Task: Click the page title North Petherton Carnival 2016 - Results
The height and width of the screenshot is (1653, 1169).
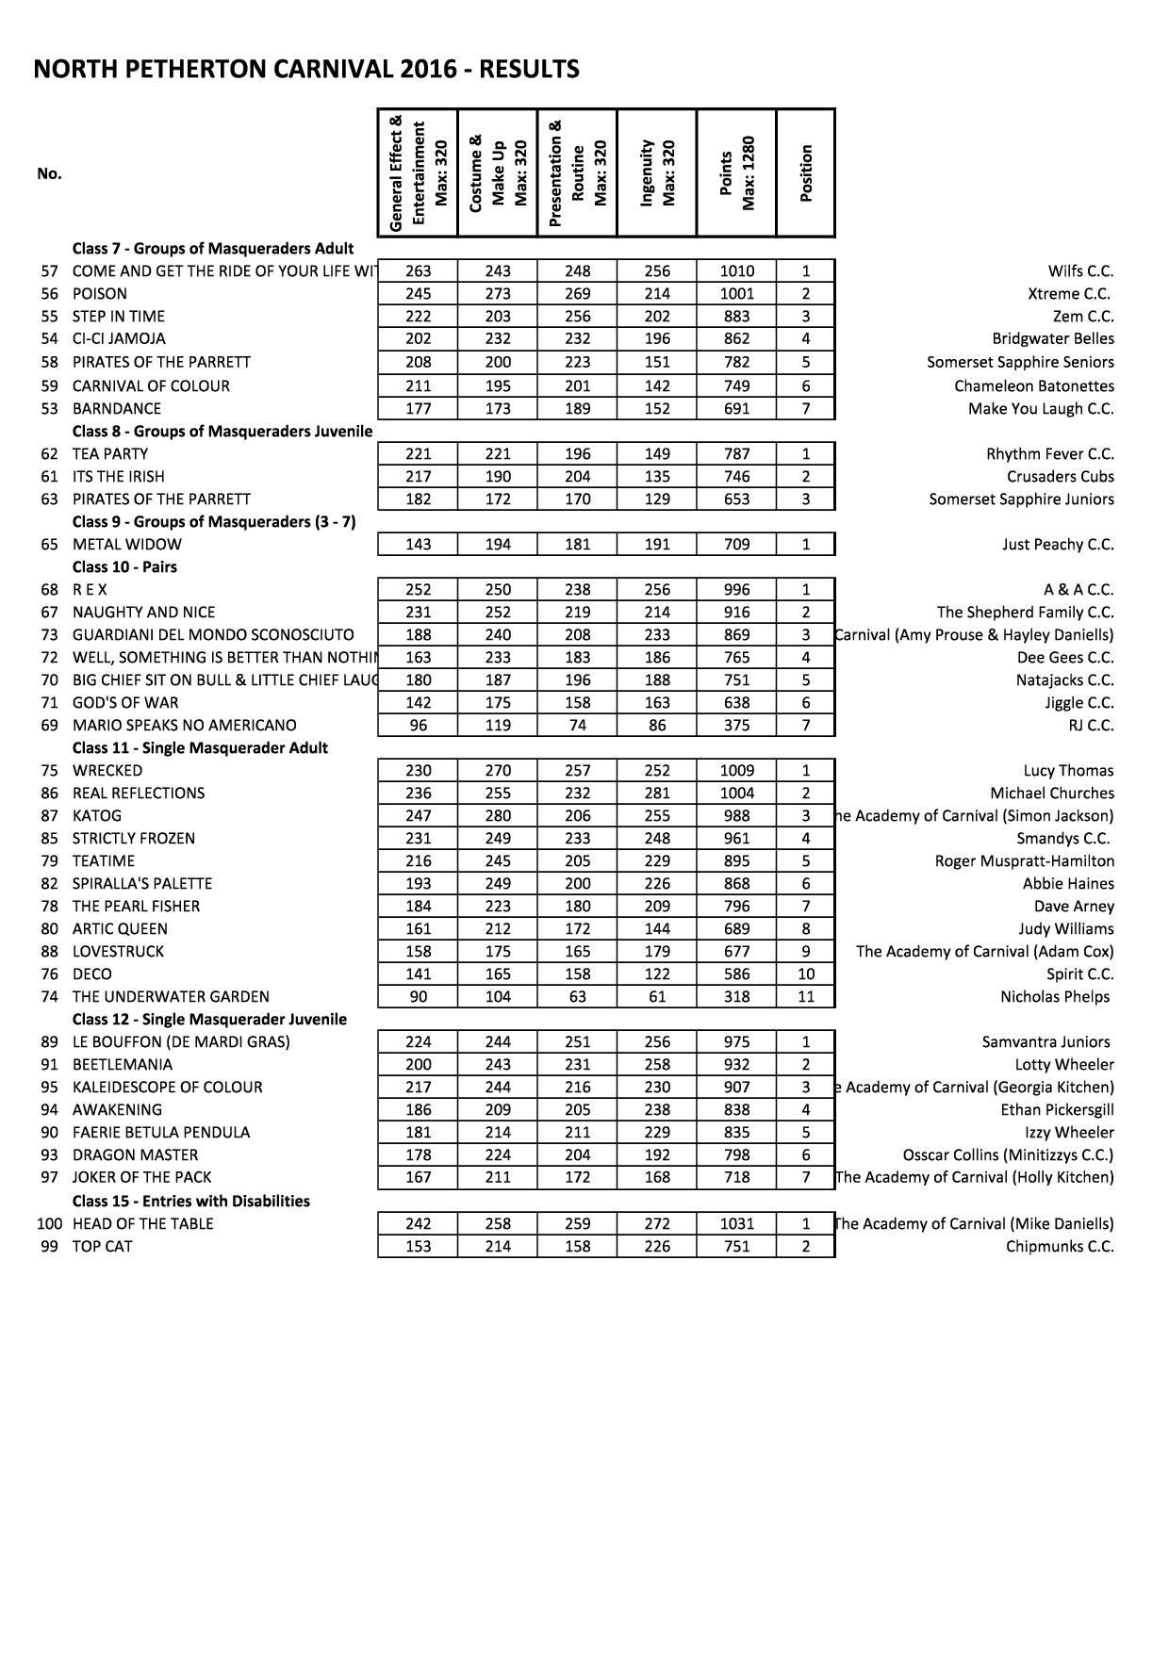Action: [x=306, y=70]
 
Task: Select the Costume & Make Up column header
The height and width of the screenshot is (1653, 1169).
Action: [x=497, y=172]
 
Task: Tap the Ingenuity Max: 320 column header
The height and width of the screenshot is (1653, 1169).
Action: [x=657, y=172]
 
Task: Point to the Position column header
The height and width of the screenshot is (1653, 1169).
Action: [x=805, y=172]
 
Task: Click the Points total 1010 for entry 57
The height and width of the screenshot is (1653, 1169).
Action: [x=736, y=271]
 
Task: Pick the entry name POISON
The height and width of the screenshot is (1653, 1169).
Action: [x=99, y=294]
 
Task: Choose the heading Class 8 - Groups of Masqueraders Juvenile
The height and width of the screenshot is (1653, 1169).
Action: [x=222, y=432]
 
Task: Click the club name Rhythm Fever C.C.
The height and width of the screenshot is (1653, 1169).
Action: [x=1049, y=454]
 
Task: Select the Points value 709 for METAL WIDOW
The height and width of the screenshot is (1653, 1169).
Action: [x=736, y=545]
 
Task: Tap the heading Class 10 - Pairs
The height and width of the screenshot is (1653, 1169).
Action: [x=124, y=567]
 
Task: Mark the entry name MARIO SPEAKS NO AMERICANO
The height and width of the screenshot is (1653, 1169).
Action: [x=184, y=726]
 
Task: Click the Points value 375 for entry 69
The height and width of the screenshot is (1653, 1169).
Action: [x=736, y=726]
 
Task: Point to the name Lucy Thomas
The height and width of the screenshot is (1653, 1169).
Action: [x=1068, y=771]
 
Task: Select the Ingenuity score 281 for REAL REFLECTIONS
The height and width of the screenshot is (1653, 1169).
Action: [x=657, y=794]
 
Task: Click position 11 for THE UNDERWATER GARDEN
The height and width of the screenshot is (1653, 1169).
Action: [x=805, y=997]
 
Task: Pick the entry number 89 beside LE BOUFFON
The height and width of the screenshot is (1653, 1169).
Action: [x=50, y=1042]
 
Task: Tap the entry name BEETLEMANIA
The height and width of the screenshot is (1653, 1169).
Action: [x=123, y=1065]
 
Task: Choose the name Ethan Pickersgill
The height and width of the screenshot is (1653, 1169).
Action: [x=1057, y=1110]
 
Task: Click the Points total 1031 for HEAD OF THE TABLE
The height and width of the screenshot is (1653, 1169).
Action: [x=736, y=1224]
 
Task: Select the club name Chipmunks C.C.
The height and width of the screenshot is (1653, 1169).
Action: [x=1060, y=1247]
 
